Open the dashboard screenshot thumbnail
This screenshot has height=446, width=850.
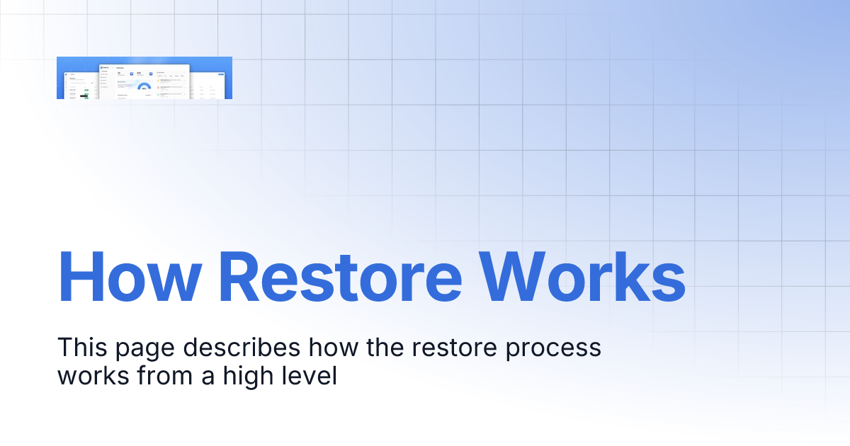[144, 78]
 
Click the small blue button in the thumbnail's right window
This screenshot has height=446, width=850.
[221, 75]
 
